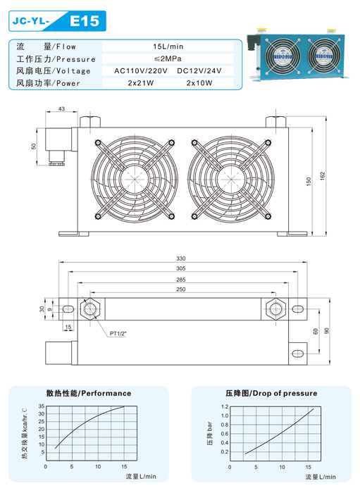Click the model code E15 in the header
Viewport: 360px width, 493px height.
(x=85, y=21)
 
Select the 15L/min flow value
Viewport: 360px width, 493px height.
(x=168, y=46)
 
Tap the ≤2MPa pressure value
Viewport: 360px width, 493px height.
(x=168, y=58)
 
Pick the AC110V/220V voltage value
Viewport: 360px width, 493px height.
(x=140, y=70)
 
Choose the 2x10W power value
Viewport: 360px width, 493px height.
(x=199, y=83)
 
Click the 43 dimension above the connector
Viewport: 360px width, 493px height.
(x=61, y=108)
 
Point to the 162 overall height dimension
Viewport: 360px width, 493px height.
(x=322, y=175)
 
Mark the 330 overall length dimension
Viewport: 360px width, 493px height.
(x=181, y=258)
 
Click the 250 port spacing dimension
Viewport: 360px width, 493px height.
(x=181, y=289)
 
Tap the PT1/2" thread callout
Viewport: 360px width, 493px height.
(x=118, y=334)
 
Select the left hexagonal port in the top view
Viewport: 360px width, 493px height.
(x=90, y=308)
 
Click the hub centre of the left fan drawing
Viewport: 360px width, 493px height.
(x=135, y=179)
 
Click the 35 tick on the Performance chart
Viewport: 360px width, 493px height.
(x=42, y=406)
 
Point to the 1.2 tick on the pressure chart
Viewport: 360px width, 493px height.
(x=225, y=406)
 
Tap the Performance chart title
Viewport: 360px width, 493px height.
(x=89, y=393)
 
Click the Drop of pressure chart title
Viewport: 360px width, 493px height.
(x=271, y=393)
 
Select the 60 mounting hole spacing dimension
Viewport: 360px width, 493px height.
(x=316, y=331)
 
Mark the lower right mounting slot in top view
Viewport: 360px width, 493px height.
(x=298, y=354)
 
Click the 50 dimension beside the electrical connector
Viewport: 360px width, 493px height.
(x=34, y=146)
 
